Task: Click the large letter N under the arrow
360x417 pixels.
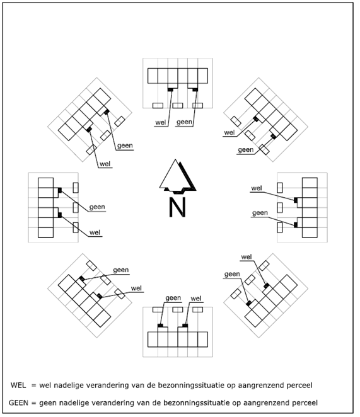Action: coord(177,207)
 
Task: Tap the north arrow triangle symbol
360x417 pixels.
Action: coord(177,176)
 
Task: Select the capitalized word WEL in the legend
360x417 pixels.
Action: coord(18,385)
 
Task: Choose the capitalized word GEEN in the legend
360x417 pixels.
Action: coord(18,403)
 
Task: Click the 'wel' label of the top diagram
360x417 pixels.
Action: coord(161,122)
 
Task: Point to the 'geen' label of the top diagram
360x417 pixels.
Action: coord(184,122)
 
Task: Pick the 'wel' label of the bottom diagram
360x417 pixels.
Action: coord(196,299)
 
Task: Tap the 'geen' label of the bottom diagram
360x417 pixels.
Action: coord(173,298)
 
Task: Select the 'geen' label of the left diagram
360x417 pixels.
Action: coord(97,207)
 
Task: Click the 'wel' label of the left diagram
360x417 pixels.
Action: coord(95,232)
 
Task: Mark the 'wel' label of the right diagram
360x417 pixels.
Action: coord(257,188)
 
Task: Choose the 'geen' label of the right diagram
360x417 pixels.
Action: coord(260,213)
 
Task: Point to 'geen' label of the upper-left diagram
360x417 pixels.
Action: coord(125,146)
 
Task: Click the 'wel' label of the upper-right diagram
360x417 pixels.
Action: coord(229,132)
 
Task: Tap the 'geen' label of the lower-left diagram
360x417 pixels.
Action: coord(121,270)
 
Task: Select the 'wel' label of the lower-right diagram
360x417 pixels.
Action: coord(247,257)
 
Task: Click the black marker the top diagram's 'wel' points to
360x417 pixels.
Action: coord(170,90)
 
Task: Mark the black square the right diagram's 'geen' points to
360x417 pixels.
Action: coord(296,226)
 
